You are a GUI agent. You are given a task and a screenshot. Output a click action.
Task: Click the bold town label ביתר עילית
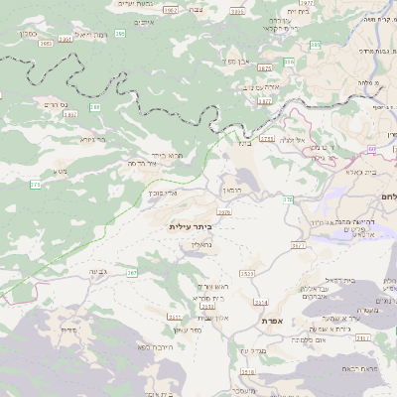[191, 226]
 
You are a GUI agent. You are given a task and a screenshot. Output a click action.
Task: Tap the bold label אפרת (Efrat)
[275, 321]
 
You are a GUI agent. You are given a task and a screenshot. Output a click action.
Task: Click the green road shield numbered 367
[131, 272]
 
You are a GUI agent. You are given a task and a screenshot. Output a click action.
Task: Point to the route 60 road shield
[370, 149]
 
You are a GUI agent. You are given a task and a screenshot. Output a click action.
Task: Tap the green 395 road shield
[119, 34]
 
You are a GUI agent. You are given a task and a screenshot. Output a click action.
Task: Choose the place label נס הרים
[55, 103]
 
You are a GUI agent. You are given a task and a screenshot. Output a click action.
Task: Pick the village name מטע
[61, 172]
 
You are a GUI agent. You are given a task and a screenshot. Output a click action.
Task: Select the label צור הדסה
[145, 162]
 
